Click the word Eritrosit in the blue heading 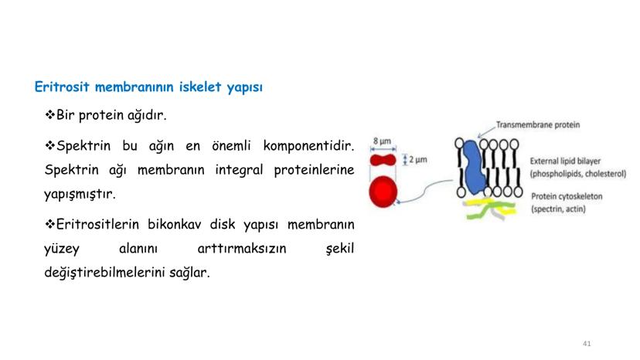[x=61, y=87]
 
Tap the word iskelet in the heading [x=200, y=87]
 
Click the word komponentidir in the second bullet [x=308, y=146]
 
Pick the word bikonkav [x=174, y=224]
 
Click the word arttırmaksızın [x=242, y=248]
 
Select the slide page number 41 [x=587, y=344]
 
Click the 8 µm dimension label [x=383, y=141]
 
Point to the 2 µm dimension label [x=418, y=159]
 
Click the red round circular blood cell [x=383, y=192]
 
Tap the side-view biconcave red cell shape [x=383, y=160]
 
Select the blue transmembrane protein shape [x=474, y=168]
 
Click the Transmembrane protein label [x=538, y=125]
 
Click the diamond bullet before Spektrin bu [x=49, y=145]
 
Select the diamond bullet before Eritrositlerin [x=49, y=224]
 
